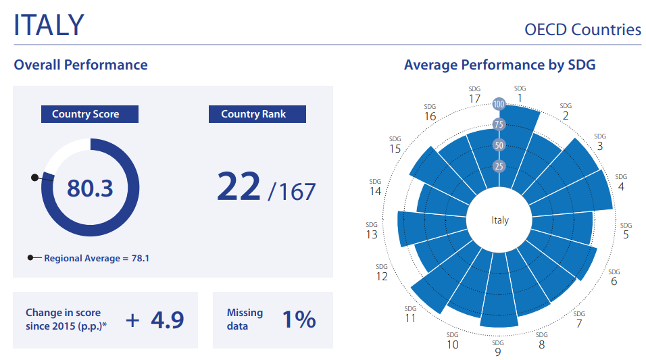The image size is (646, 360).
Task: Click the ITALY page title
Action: point(49,24)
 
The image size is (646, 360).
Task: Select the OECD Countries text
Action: point(582,30)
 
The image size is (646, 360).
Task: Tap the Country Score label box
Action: point(90,114)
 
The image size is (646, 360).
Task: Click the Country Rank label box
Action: point(257,114)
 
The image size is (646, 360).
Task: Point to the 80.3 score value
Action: point(90,188)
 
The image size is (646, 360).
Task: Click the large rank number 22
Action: point(239,186)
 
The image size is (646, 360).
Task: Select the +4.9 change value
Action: point(155,319)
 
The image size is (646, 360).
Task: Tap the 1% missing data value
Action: point(299,319)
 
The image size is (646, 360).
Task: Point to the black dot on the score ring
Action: point(34,178)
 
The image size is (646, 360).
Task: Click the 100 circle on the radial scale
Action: point(499,105)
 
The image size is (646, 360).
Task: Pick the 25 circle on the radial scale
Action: point(499,166)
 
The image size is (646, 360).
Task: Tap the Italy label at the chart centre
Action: point(500,220)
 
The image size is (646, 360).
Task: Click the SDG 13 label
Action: point(372,230)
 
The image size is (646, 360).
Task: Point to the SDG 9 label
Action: point(498,348)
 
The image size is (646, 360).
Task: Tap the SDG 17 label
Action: point(474,95)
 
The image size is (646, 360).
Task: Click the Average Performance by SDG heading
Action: point(499,66)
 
